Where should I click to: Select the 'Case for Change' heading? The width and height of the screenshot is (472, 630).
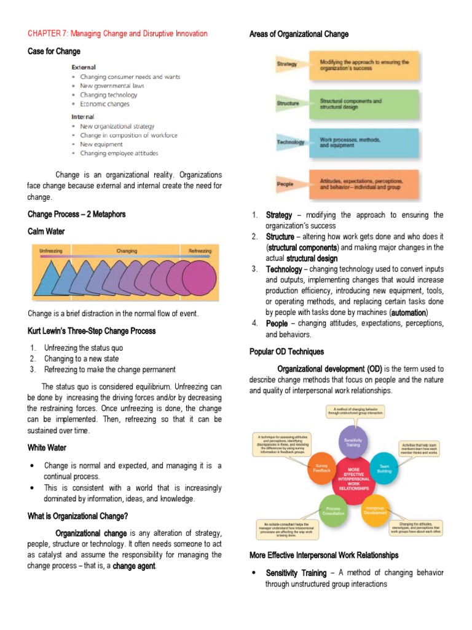point(54,51)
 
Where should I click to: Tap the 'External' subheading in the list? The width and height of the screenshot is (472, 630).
point(83,66)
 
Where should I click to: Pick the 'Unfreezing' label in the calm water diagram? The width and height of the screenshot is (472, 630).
point(52,251)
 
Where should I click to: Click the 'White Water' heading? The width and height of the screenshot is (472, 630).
point(47,447)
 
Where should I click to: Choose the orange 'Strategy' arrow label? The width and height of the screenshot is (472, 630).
point(287,64)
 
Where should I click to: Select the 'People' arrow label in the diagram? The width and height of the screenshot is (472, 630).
point(285,183)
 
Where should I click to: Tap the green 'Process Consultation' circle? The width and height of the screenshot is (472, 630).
point(334,510)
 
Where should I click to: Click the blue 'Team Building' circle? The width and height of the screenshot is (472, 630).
point(385,469)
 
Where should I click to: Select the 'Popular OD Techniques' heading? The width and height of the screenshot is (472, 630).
point(286,351)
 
